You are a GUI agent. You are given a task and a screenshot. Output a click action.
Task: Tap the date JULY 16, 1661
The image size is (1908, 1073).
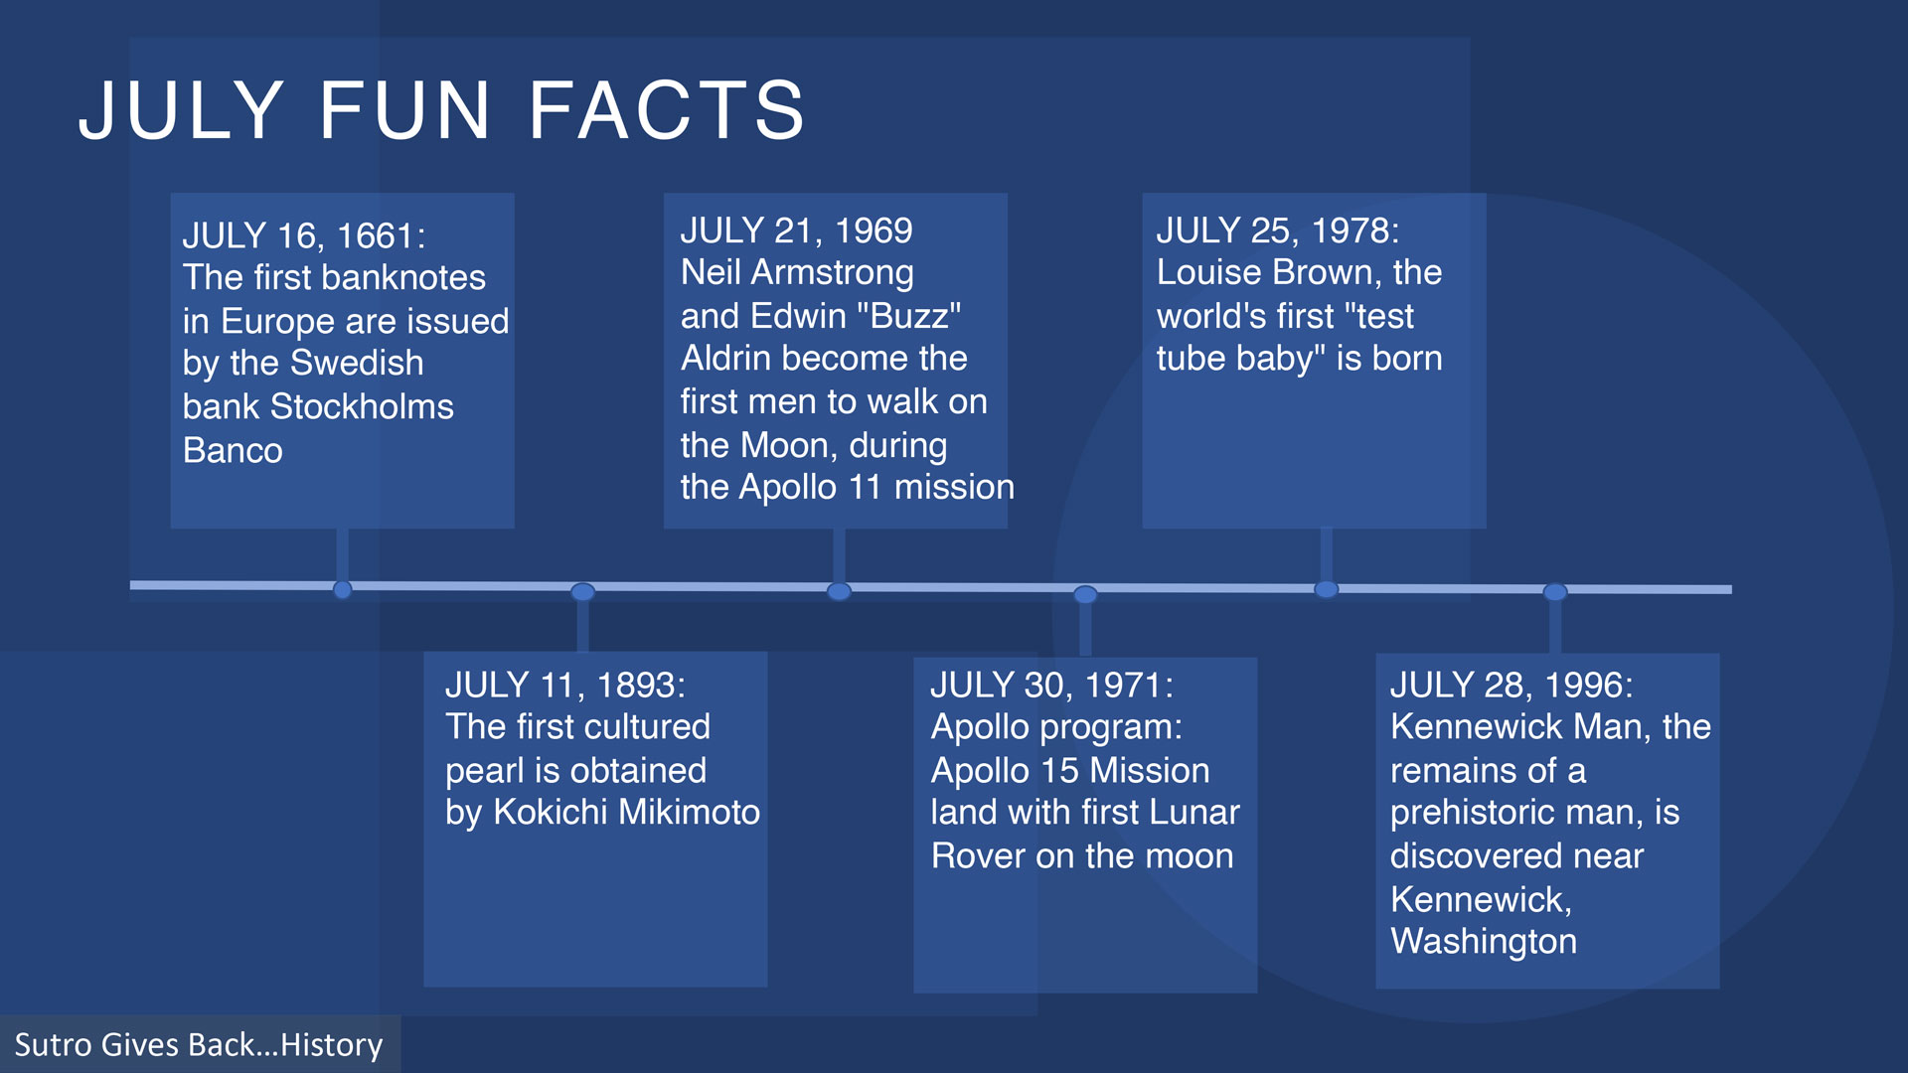[304, 235]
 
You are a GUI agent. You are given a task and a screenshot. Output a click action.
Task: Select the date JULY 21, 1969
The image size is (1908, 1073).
[796, 230]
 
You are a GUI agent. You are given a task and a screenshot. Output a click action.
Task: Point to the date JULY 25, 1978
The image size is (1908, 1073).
[1278, 230]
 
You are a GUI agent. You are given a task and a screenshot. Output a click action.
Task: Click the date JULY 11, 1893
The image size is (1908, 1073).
[565, 685]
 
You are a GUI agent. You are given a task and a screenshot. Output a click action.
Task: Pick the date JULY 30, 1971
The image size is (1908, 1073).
[1052, 685]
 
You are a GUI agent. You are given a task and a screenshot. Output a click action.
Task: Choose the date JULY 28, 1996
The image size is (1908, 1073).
[1511, 685]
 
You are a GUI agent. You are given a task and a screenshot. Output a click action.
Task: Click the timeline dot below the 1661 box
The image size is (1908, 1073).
[343, 590]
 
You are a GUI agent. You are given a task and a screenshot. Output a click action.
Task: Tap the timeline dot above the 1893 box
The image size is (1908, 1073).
[583, 592]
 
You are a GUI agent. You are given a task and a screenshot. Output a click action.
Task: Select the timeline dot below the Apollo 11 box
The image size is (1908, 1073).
[840, 592]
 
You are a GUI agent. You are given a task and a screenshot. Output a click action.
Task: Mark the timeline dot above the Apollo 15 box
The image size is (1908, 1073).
[1085, 594]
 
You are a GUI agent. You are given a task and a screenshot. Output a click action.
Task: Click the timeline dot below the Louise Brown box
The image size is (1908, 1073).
[1327, 590]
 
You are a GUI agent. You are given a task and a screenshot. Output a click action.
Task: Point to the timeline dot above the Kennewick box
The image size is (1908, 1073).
[1555, 592]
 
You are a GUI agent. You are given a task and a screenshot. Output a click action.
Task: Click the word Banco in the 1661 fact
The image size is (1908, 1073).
[233, 450]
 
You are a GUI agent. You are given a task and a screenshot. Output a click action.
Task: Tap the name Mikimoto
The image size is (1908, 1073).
[689, 812]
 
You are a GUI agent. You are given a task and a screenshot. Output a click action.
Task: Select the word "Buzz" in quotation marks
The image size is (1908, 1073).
[915, 316]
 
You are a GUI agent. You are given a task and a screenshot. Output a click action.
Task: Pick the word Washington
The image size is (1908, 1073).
[1484, 941]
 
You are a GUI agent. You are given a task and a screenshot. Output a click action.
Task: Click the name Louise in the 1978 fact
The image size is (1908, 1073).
[1209, 272]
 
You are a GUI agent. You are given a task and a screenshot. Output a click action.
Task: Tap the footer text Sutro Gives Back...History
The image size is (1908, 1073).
[199, 1045]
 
